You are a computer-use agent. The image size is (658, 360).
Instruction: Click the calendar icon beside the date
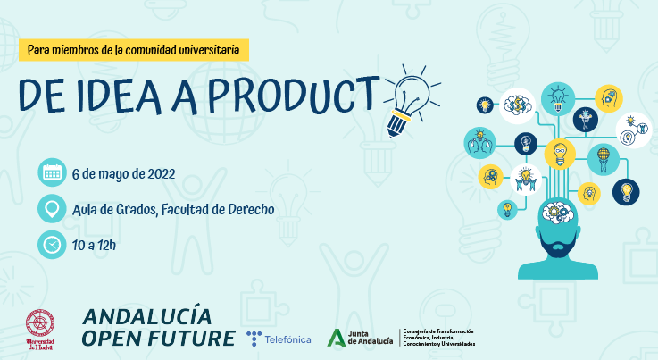[x=52, y=173]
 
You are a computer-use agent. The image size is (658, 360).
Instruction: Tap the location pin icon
[x=52, y=209]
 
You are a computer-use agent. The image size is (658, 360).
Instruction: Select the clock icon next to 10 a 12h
[x=52, y=243]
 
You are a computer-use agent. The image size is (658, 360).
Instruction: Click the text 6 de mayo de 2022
[x=122, y=173]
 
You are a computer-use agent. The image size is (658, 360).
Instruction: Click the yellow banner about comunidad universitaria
[x=133, y=50]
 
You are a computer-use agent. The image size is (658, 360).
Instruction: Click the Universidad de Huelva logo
[x=40, y=328]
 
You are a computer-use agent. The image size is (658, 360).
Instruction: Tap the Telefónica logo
[x=279, y=338]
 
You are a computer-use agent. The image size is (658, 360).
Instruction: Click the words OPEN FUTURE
[x=158, y=338]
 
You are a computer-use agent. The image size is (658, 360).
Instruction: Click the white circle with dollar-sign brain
[x=517, y=105]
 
